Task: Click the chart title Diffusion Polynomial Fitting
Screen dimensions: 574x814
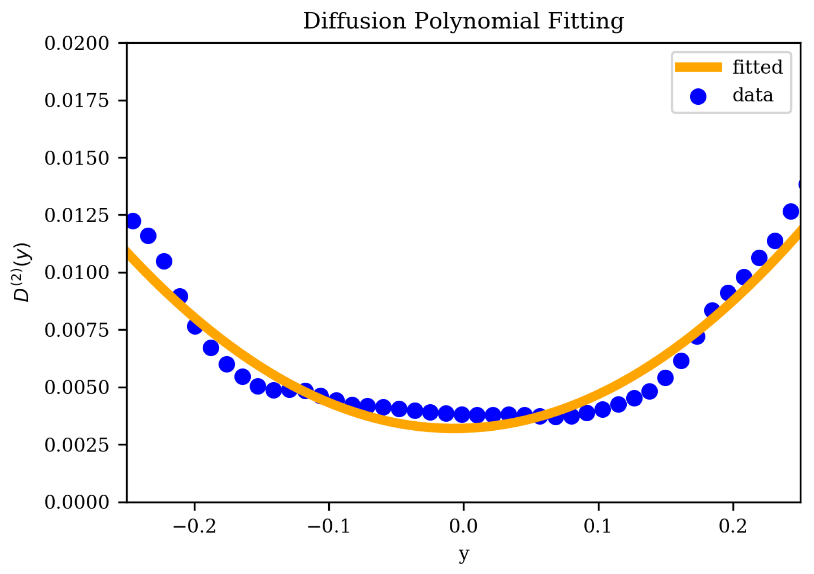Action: click(463, 21)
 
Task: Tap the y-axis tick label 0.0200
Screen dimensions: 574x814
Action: click(77, 43)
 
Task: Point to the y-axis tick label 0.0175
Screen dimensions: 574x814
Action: click(77, 100)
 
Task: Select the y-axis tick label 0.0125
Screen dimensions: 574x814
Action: click(77, 215)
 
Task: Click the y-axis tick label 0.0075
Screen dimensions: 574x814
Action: click(77, 330)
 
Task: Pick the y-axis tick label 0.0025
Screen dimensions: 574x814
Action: click(77, 445)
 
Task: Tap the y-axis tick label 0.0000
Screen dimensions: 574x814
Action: click(77, 502)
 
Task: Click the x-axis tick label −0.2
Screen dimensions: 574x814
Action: click(194, 526)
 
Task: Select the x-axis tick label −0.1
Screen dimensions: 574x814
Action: click(329, 526)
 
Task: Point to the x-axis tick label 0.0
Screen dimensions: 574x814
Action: click(463, 526)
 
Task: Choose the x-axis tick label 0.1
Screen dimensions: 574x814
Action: click(598, 526)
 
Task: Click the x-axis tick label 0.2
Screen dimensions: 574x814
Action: click(733, 526)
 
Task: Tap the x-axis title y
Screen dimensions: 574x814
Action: click(464, 554)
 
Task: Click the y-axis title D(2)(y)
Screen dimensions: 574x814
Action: click(22, 272)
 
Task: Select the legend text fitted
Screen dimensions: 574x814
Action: click(757, 67)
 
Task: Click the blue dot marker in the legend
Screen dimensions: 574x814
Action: click(698, 96)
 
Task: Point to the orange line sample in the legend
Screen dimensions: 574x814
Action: click(698, 67)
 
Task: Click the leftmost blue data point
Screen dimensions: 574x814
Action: click(133, 221)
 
